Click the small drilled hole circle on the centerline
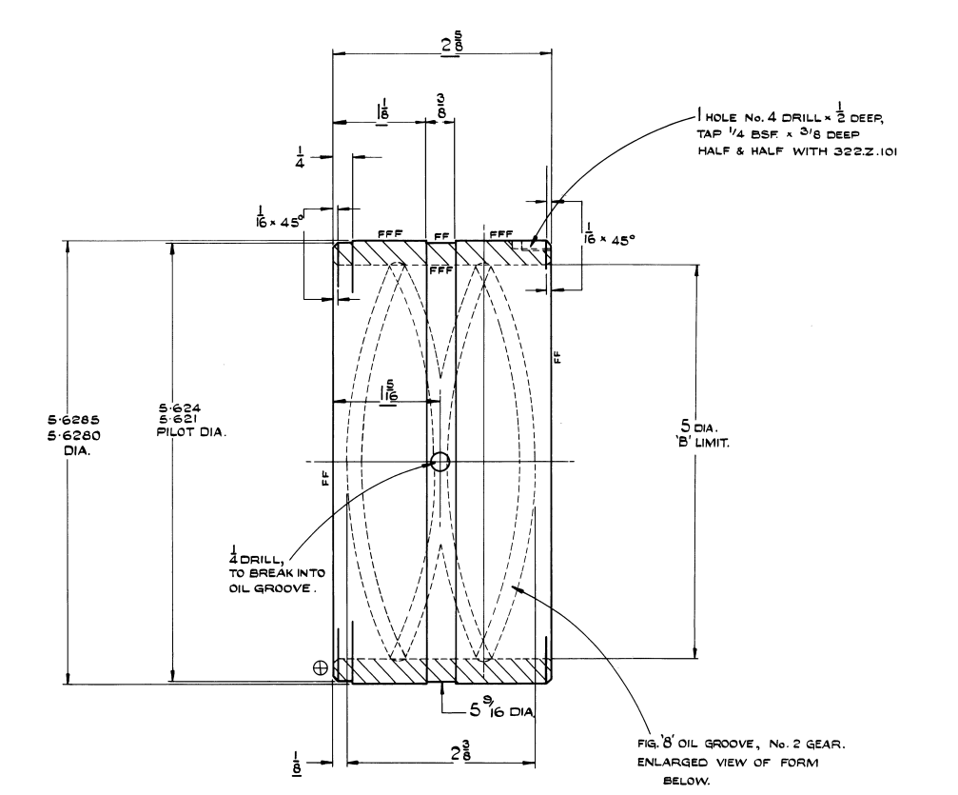[440, 463]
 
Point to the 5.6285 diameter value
[68, 419]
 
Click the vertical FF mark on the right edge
[557, 357]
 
